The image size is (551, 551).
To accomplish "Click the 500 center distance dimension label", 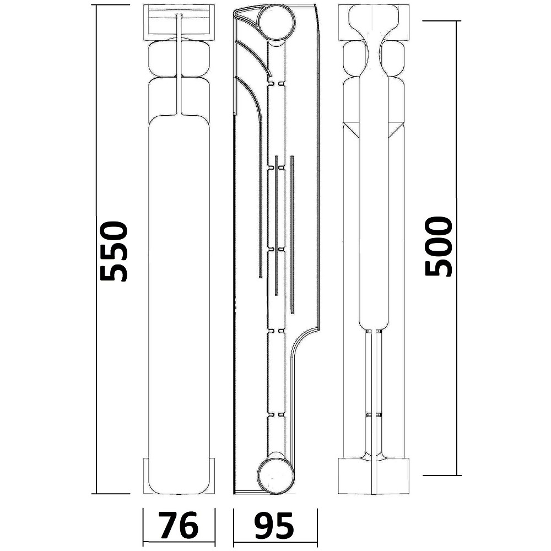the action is tap(438, 246).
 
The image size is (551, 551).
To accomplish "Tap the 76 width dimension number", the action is tap(178, 525).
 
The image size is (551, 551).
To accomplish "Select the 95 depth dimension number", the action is tap(273, 525).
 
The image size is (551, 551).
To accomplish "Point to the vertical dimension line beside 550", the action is tap(96, 249).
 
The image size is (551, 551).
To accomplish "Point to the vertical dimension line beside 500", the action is tap(456, 248).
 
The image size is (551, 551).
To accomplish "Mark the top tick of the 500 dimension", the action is tap(441, 21).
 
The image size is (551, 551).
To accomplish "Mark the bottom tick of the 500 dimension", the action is tap(442, 475).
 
